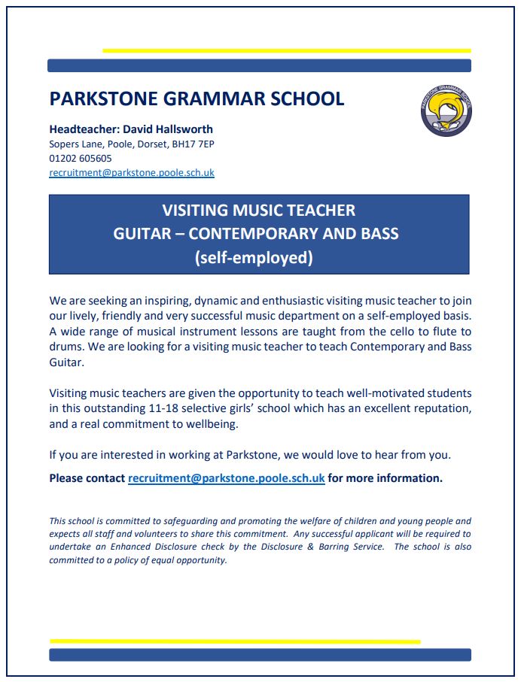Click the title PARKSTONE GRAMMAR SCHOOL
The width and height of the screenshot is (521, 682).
[x=197, y=99]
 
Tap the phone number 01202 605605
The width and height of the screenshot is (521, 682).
[x=81, y=158]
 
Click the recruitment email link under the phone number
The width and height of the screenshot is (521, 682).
[x=132, y=172]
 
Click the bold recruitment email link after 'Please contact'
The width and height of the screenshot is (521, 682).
[x=227, y=478]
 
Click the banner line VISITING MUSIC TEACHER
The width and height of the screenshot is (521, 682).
[x=259, y=211]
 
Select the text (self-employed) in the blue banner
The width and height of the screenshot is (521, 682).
[x=253, y=257]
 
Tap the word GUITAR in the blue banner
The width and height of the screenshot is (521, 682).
[x=141, y=234]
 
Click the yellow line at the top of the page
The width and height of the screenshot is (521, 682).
[x=286, y=50]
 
